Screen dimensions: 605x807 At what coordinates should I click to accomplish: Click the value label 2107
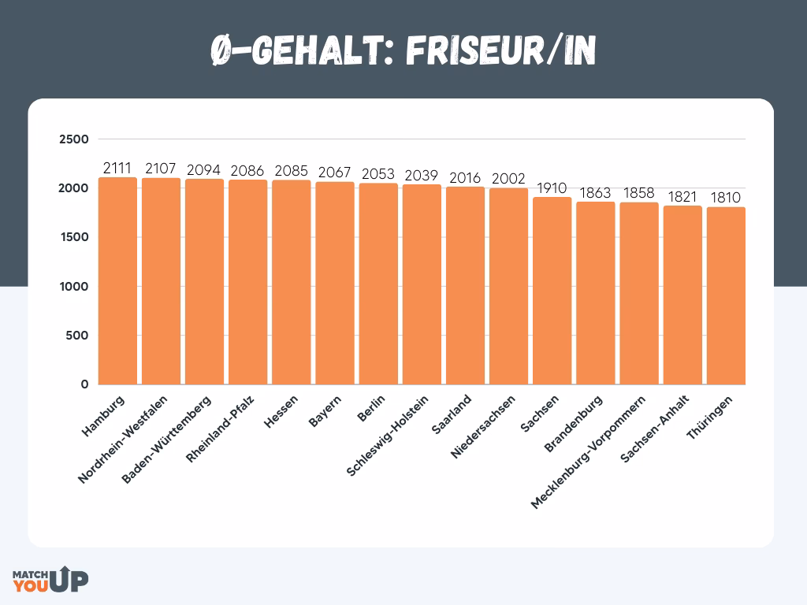161,169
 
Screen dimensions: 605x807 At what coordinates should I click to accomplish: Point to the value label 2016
465,178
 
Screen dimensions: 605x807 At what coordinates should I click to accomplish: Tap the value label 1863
595,193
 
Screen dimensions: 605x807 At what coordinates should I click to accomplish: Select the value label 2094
204,170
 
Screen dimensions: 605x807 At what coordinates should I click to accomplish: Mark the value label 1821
682,197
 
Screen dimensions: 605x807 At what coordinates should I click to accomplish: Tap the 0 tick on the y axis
84,384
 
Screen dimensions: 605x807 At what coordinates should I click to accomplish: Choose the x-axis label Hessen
281,410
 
